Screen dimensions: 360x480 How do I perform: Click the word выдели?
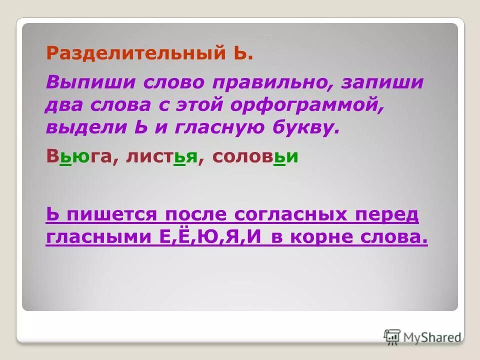click(x=80, y=127)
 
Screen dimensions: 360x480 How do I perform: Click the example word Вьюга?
click(x=77, y=156)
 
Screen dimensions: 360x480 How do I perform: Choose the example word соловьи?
click(x=255, y=156)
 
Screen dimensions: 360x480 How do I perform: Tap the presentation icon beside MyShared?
click(x=392, y=336)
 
